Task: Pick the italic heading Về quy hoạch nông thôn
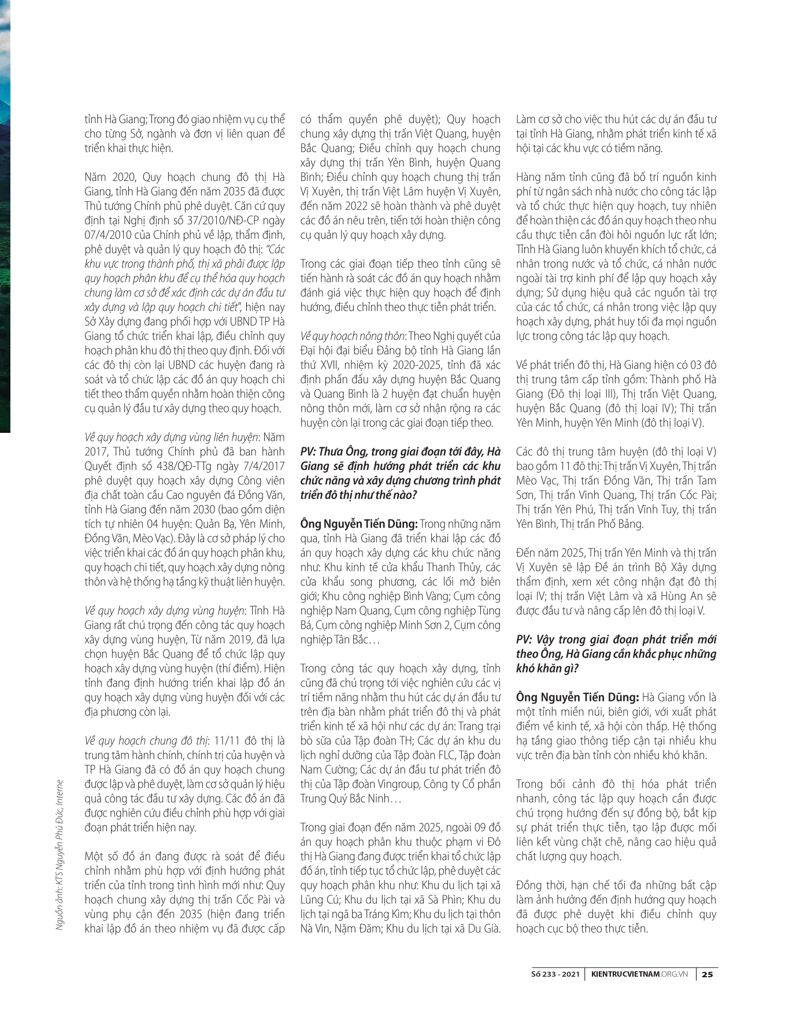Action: [354, 336]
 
